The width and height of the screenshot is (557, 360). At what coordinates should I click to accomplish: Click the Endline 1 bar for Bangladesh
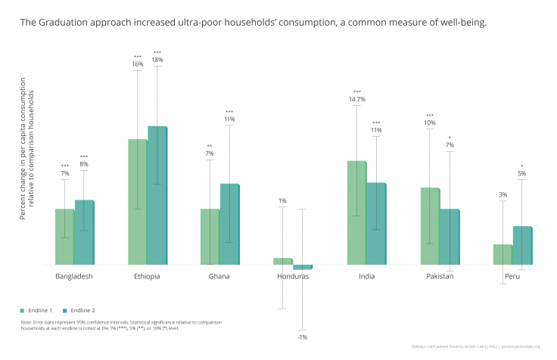tap(64, 237)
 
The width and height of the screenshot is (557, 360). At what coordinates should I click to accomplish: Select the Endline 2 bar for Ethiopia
tap(157, 196)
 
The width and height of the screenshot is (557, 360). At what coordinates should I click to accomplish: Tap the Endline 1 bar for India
tap(356, 213)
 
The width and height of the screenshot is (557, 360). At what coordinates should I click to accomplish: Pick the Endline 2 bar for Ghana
tap(229, 224)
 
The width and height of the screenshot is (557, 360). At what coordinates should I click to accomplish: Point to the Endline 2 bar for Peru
tap(522, 246)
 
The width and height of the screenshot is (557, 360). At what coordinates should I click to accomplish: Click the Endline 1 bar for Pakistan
tap(430, 226)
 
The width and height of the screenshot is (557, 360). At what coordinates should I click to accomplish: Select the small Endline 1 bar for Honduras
tap(282, 261)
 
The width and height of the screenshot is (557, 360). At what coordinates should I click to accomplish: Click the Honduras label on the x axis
tap(293, 276)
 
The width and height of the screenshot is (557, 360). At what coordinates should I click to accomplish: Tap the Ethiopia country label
tap(147, 276)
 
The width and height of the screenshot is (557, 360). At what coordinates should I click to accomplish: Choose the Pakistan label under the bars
tap(439, 276)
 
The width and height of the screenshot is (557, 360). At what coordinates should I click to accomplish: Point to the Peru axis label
tap(512, 276)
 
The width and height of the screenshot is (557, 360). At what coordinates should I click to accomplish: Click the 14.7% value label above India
tap(357, 99)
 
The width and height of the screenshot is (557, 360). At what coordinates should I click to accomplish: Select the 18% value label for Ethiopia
tap(157, 60)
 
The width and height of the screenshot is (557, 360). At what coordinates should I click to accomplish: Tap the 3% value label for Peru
tap(503, 194)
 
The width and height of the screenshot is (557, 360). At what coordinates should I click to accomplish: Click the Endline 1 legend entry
tap(38, 310)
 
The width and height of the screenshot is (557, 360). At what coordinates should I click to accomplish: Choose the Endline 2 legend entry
tap(79, 310)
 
